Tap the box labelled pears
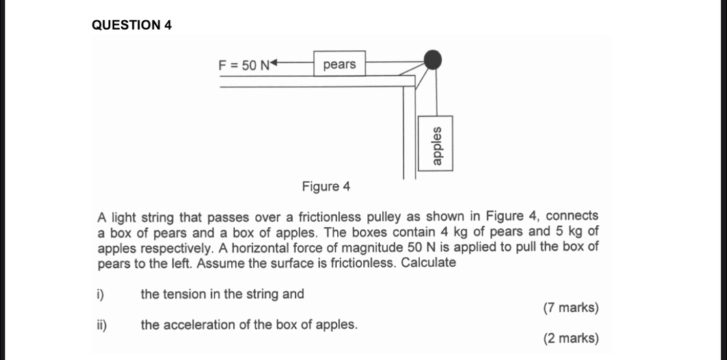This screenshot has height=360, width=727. point(340,64)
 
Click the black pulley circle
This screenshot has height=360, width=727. point(432,59)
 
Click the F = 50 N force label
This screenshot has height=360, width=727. point(243,66)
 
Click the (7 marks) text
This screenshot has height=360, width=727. point(571,308)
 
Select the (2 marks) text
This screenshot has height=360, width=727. point(571,338)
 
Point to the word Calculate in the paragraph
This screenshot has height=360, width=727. point(428,263)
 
